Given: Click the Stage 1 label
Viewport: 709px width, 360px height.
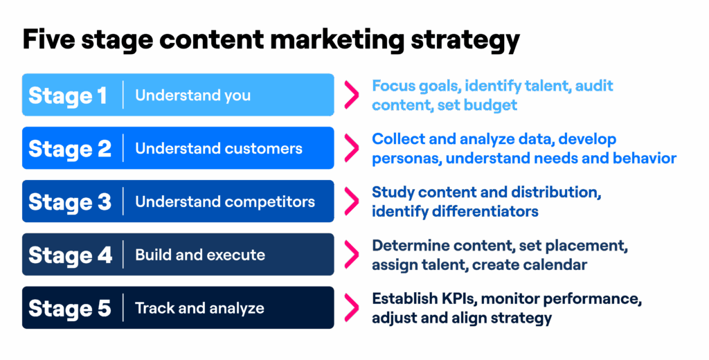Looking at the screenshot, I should coord(68,96).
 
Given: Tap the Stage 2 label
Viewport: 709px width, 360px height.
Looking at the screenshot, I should coord(70,149).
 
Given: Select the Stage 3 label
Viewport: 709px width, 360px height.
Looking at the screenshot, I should coord(70,202).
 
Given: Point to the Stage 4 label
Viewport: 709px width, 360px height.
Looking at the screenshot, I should coord(70,255).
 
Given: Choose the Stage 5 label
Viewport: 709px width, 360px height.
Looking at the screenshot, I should coord(70,309).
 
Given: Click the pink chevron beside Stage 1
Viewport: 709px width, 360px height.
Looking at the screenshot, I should coord(352,95).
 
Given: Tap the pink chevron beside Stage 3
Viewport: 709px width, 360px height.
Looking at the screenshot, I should coord(352,201).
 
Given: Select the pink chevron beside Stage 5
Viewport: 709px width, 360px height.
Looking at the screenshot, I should coord(352,308).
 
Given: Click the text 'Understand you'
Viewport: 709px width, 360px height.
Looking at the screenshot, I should coord(192,96).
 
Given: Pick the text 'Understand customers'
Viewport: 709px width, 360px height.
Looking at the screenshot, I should coord(219,149).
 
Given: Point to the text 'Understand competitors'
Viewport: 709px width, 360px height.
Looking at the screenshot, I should coord(225,202).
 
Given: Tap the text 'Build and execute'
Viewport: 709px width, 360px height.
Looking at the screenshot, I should coord(200,255).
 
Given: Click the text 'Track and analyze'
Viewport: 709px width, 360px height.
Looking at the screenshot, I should coord(199,308).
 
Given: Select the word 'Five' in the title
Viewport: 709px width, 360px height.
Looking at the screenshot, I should coord(49,40).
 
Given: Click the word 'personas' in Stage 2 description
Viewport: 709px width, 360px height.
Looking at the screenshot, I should coord(405,159).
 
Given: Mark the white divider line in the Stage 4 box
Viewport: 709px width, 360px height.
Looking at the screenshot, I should coord(123,255).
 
